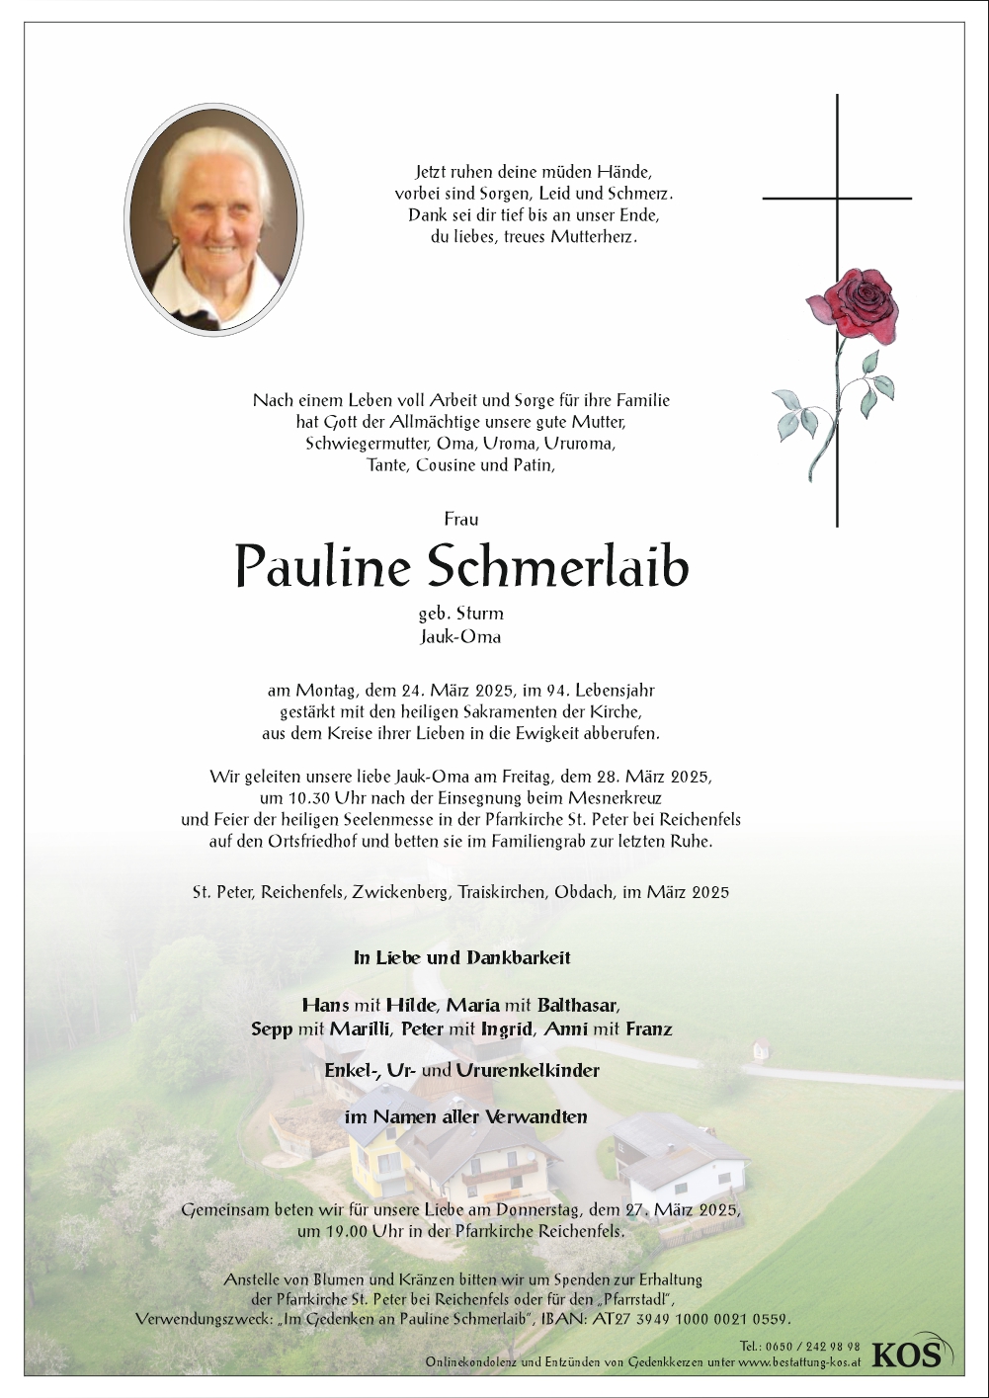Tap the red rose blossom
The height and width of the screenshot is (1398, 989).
click(852, 307)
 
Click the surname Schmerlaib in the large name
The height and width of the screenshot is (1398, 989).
click(559, 567)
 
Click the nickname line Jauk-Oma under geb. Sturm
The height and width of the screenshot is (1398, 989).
click(460, 637)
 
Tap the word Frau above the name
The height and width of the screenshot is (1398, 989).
click(460, 519)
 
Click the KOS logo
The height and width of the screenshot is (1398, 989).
click(906, 1354)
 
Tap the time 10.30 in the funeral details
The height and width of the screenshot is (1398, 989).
click(284, 798)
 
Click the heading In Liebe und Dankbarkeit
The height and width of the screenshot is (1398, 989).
click(461, 957)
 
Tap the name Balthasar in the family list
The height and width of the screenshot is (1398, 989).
click(577, 1006)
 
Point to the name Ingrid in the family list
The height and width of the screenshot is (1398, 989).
click(506, 1029)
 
